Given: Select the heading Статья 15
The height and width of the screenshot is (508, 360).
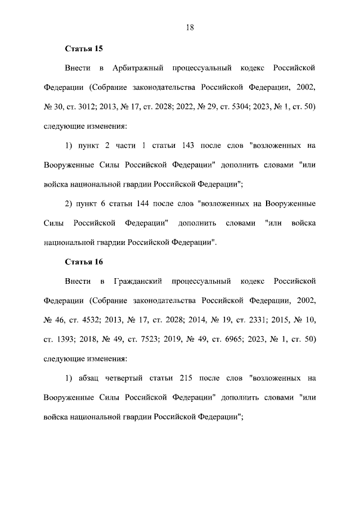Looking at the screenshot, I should point(83,49).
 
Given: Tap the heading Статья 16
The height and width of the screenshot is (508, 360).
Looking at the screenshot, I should point(83,261).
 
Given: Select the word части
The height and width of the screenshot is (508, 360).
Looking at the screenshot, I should point(121,146).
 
